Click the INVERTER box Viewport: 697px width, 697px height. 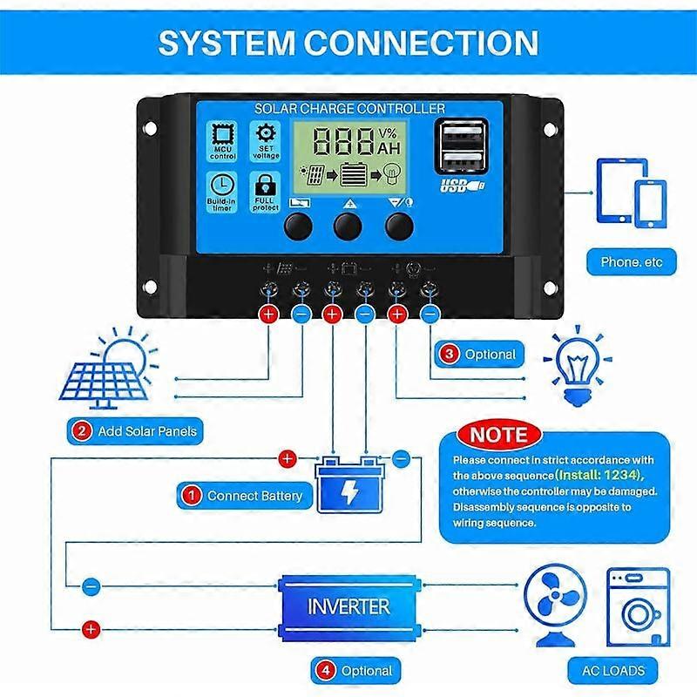coord(348,604)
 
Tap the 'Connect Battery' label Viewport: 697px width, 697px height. coord(244,496)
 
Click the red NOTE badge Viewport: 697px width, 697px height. coord(498,434)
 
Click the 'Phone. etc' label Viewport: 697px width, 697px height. coord(632,261)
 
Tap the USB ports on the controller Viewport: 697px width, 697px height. coord(459,150)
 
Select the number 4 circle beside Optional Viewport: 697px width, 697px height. coord(325,671)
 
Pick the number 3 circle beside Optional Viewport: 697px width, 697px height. coord(448,354)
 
